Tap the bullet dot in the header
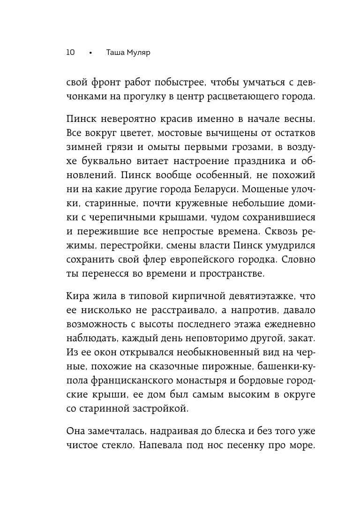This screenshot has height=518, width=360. point(91,53)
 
